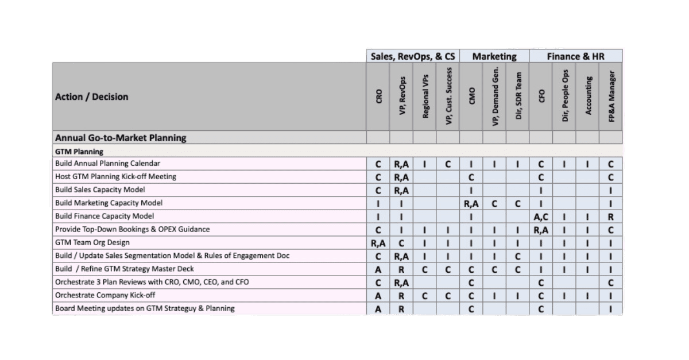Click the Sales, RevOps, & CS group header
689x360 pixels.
pyautogui.click(x=413, y=56)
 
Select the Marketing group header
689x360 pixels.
pyautogui.click(x=494, y=56)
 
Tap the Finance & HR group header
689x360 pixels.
pyautogui.click(x=575, y=56)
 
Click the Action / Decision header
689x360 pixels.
pyautogui.click(x=92, y=96)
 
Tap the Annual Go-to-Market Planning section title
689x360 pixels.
pyautogui.click(x=121, y=138)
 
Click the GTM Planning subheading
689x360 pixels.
pyautogui.click(x=79, y=152)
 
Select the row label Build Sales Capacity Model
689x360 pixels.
pyautogui.click(x=100, y=189)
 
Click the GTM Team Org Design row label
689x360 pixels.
pyautogui.click(x=92, y=242)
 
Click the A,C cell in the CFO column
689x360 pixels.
pyautogui.click(x=541, y=216)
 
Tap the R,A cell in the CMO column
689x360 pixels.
pyautogui.click(x=471, y=203)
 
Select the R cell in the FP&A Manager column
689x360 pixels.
pyautogui.click(x=611, y=216)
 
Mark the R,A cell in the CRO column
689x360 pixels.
pyautogui.click(x=378, y=243)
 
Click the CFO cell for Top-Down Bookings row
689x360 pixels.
pyautogui.click(x=541, y=230)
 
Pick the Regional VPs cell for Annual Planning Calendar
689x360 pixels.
pyautogui.click(x=424, y=164)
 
